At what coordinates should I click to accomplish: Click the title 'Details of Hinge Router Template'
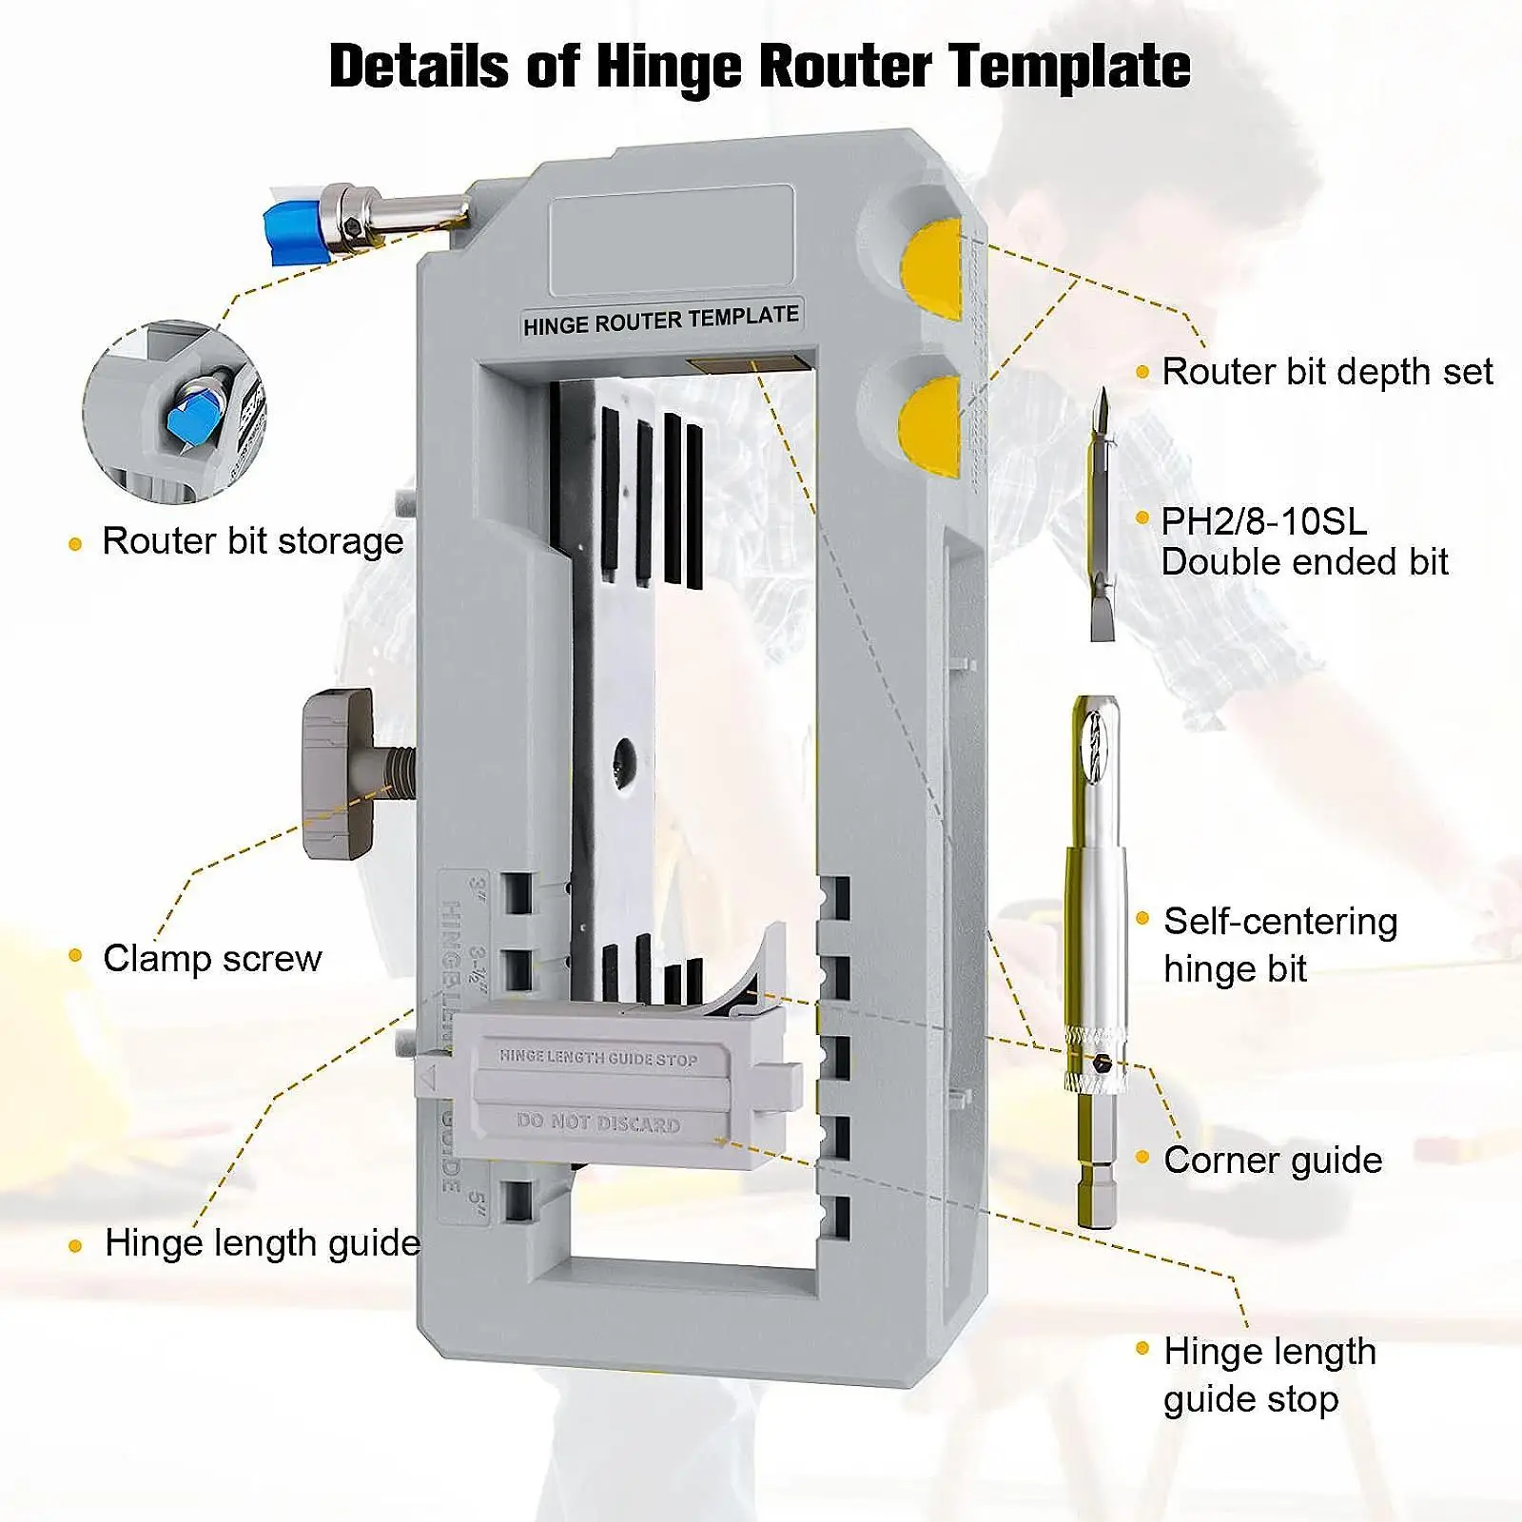(759, 67)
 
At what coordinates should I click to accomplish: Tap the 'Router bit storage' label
(252, 541)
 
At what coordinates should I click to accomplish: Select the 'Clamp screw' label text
(212, 958)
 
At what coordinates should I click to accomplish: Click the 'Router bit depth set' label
(1327, 372)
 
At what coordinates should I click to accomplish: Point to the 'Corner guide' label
(1272, 1161)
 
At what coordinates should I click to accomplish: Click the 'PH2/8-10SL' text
(1263, 521)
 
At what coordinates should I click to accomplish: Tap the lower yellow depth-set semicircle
(933, 425)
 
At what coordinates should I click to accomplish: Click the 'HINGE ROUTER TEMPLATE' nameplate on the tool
(660, 321)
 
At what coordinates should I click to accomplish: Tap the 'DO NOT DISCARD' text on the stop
(598, 1122)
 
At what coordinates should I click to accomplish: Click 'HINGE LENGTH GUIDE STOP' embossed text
(598, 1057)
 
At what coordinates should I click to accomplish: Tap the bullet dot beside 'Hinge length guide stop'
(1142, 1348)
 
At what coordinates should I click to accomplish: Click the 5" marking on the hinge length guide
(477, 1198)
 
